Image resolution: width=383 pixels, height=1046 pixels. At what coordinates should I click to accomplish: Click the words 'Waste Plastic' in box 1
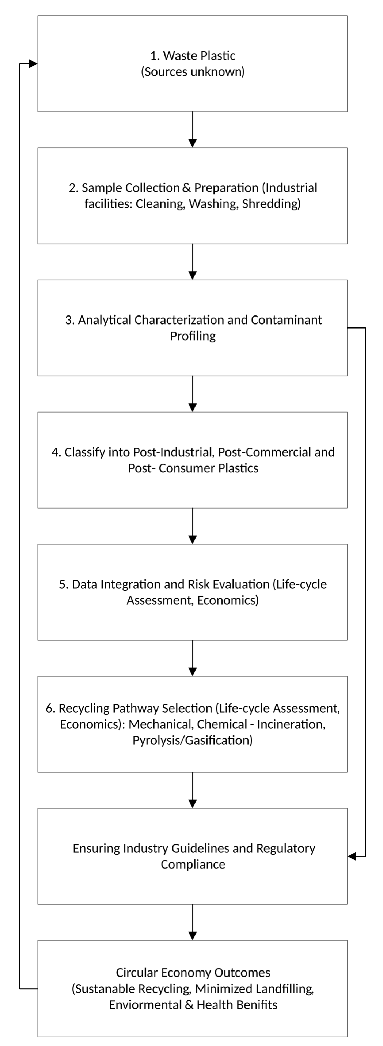199,56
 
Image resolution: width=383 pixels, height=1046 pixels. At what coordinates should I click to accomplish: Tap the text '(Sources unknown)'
193,72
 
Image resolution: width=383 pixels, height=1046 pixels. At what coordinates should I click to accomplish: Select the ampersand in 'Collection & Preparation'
186,188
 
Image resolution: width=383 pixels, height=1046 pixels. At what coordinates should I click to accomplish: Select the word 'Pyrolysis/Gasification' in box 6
193,740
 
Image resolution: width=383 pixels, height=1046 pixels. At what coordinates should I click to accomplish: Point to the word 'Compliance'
193,865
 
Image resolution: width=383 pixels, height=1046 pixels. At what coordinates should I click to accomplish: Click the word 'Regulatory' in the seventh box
285,848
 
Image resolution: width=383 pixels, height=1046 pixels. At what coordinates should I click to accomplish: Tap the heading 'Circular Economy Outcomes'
193,973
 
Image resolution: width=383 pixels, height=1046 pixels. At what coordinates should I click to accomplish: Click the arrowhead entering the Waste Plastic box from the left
33,64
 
